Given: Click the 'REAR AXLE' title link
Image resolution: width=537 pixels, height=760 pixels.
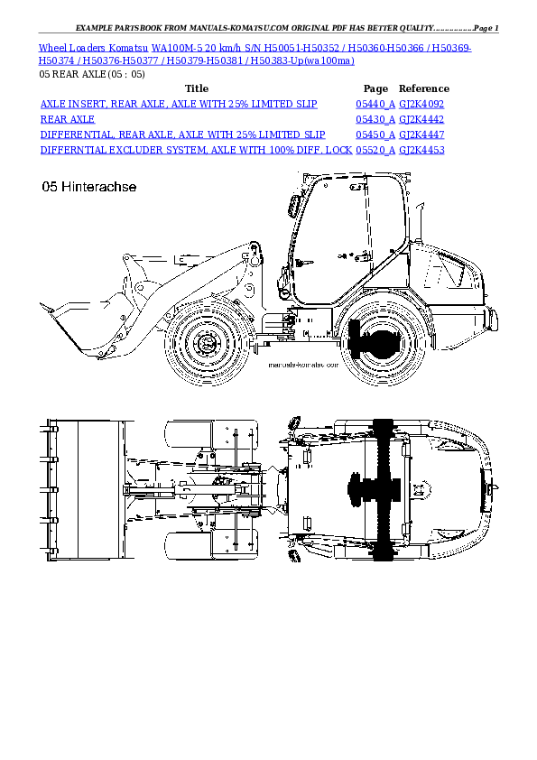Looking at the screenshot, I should pos(68,119).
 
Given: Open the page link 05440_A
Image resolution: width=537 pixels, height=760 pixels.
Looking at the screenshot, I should pos(375,105).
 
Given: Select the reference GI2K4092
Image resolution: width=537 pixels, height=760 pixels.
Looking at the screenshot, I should pos(421,105).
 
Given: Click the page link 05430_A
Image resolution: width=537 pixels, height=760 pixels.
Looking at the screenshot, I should pos(375,119).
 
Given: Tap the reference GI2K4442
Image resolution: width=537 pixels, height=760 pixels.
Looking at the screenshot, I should pos(421,119).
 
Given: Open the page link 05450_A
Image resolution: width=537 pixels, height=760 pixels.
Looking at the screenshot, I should pos(375,134).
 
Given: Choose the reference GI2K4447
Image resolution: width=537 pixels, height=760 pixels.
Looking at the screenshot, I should pos(421,134).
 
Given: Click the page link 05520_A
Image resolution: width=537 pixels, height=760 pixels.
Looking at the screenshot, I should pos(375,149).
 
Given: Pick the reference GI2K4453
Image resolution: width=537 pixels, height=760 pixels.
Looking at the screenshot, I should pos(421,149).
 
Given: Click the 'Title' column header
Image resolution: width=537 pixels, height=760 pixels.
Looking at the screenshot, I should pos(196,88).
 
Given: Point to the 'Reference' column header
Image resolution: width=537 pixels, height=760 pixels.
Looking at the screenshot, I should pos(424,88).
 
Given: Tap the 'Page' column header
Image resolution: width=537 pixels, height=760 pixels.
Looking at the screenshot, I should pos(375,88).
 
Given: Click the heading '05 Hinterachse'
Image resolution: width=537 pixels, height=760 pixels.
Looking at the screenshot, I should pos(88,187).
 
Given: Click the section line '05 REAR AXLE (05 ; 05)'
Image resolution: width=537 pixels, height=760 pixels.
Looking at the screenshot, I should pos(91,74).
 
